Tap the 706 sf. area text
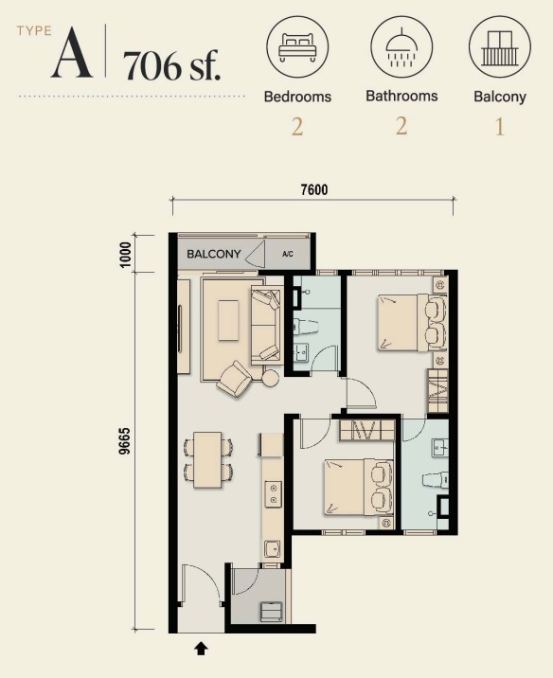[x=172, y=65]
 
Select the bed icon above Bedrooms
[x=297, y=46]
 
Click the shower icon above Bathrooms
[x=401, y=48]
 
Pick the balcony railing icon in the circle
[x=500, y=48]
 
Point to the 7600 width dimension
[x=314, y=189]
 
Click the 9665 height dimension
[x=124, y=441]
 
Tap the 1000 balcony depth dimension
[x=125, y=255]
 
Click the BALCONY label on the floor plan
[x=214, y=254]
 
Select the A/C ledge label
[x=288, y=254]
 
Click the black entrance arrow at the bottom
[x=201, y=648]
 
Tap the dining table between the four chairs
[x=207, y=459]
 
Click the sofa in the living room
[x=265, y=325]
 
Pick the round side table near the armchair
[x=272, y=378]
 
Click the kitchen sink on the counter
[x=273, y=549]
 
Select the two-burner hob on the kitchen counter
[x=274, y=493]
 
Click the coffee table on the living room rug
[x=228, y=320]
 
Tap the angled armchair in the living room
[x=234, y=379]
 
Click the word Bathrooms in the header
[x=401, y=96]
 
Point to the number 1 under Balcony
[x=500, y=127]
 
